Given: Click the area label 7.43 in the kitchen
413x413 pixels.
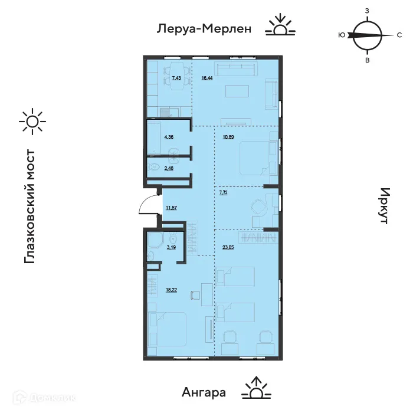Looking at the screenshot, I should (176, 78).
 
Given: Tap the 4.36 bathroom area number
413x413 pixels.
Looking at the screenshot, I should (169, 137).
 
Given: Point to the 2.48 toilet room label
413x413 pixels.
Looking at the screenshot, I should (169, 168).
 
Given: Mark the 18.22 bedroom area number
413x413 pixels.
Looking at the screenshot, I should (171, 290).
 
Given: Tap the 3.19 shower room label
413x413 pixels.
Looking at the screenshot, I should (171, 248).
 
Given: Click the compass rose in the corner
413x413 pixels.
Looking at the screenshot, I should (366, 35).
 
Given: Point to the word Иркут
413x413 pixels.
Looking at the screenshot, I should (385, 206).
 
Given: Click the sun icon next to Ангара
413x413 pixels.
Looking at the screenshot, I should (255, 388).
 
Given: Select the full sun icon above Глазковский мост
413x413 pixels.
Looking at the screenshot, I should (31, 122).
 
